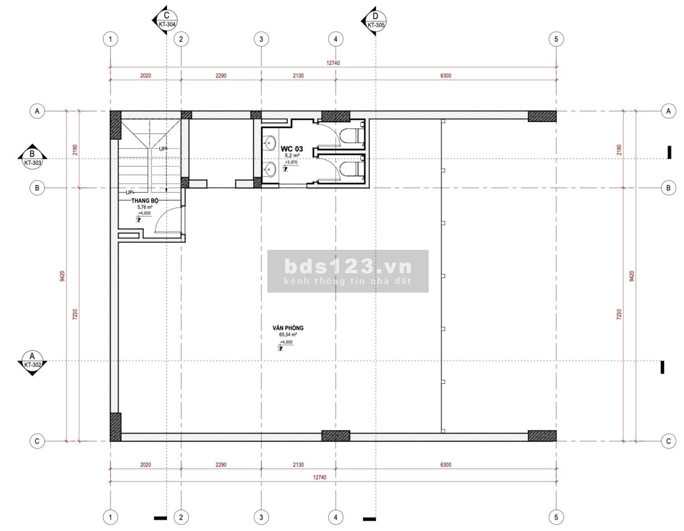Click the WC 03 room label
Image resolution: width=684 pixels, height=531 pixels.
(x=291, y=149)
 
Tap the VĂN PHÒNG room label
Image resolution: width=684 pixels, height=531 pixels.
(x=288, y=328)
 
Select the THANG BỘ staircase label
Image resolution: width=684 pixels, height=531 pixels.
(x=145, y=201)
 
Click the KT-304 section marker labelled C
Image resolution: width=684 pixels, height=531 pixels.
(x=165, y=20)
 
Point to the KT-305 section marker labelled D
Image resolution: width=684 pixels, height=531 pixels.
(x=374, y=21)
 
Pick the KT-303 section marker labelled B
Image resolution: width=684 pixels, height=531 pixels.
(x=32, y=157)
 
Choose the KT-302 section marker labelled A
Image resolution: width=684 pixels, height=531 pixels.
(x=32, y=363)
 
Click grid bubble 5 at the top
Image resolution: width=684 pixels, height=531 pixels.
(x=556, y=39)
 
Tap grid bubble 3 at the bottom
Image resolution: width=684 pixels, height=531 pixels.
(x=261, y=517)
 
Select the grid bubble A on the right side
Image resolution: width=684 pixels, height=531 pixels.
(x=668, y=111)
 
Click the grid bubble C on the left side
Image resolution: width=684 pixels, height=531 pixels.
(x=37, y=441)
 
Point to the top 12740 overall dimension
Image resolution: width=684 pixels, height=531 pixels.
(x=333, y=63)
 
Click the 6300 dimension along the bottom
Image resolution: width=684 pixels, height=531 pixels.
(x=446, y=464)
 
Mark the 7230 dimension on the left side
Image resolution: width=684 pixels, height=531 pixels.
(x=75, y=314)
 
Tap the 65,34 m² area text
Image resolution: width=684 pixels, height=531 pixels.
(x=288, y=334)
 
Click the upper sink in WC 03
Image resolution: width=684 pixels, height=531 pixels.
(x=270, y=144)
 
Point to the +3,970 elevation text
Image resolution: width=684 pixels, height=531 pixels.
(x=291, y=162)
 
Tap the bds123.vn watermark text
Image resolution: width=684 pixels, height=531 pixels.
(x=348, y=266)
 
